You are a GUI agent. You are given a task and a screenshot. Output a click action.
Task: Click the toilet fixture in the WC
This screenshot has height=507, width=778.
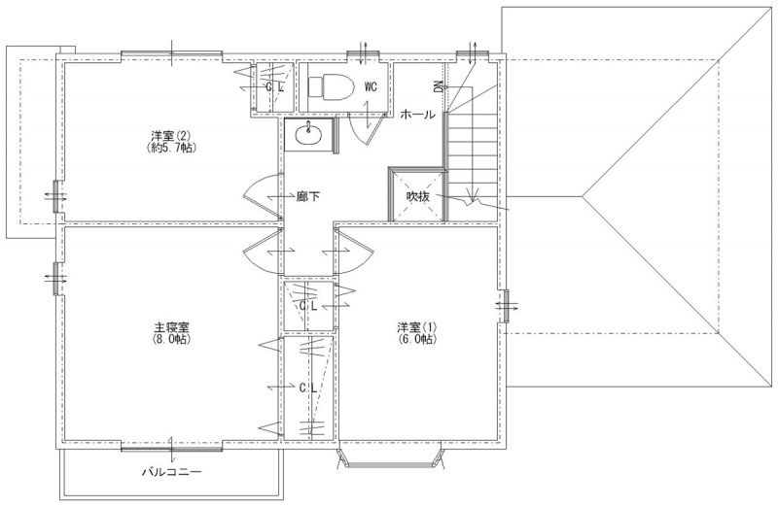coord(331,86)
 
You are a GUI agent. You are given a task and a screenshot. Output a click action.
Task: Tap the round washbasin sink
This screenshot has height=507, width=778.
coord(308,134)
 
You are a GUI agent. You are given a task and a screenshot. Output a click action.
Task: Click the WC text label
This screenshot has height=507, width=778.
coord(371,86)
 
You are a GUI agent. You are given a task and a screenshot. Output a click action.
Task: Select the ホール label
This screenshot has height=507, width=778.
coord(418,115)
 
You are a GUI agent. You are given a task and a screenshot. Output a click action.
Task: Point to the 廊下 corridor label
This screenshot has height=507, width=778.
coord(307,197)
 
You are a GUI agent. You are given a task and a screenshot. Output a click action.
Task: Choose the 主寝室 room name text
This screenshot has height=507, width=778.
coord(171,328)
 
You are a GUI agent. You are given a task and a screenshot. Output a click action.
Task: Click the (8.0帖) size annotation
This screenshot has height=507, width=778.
coord(172,340)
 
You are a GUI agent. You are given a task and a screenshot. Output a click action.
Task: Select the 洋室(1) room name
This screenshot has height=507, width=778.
coord(417,327)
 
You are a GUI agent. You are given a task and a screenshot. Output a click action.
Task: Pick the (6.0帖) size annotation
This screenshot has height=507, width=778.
coord(417,340)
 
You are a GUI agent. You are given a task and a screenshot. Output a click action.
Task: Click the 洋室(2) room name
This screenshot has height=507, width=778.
coord(171,136)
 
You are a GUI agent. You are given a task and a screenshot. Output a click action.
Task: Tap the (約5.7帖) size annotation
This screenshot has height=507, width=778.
coord(171,148)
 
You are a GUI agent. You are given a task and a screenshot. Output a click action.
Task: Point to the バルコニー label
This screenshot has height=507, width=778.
coord(172,471)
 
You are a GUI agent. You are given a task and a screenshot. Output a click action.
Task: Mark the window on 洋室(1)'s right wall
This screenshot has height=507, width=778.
coord(506,307)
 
